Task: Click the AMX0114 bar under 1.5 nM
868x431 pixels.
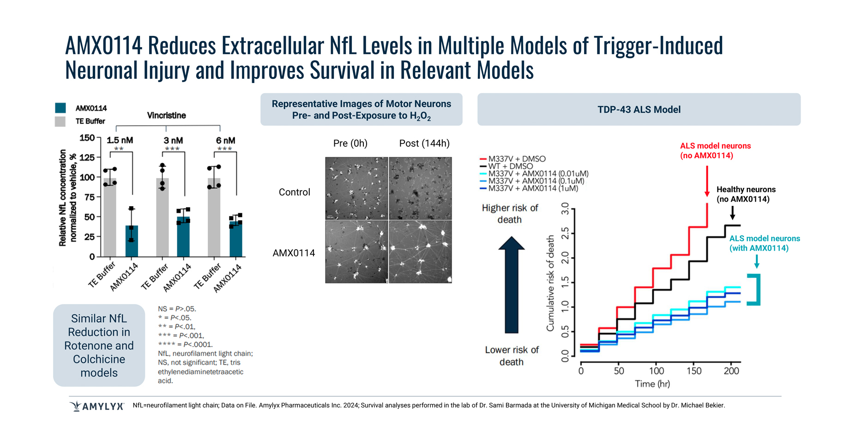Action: click(132, 241)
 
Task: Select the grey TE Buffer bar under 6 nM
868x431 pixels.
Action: click(214, 217)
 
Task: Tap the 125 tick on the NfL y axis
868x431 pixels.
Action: click(87, 158)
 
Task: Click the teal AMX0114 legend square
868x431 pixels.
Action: click(60, 108)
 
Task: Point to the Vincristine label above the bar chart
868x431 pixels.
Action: click(166, 115)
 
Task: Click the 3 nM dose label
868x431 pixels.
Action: click(173, 140)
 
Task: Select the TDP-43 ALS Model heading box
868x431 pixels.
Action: click(639, 109)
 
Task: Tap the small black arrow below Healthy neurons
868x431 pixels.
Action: click(732, 213)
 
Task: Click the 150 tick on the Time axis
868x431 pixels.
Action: click(693, 371)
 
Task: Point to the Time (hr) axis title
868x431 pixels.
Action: click(652, 384)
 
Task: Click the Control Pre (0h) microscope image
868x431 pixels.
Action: click(356, 188)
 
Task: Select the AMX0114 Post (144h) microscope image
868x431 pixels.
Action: click(420, 251)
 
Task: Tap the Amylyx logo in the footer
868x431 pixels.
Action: click(97, 406)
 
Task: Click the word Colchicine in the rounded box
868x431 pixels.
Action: click(99, 359)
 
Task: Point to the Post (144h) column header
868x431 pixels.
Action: click(424, 144)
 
